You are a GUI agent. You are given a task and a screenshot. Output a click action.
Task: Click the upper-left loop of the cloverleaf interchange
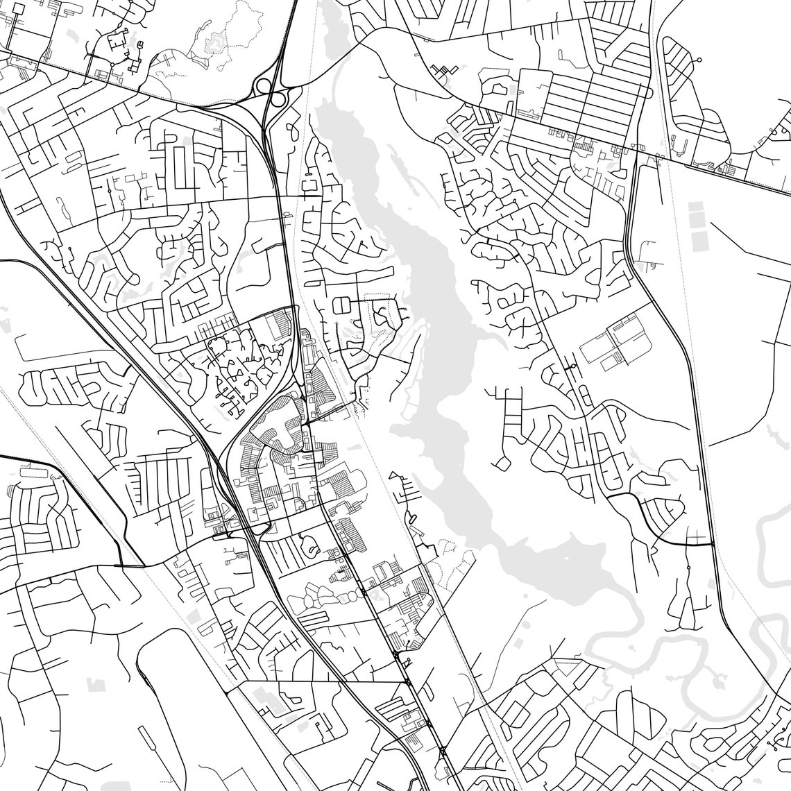point(264,86)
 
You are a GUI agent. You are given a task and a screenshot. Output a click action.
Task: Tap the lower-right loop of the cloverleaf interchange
point(279,100)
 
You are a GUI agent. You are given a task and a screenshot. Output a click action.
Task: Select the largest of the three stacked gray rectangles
point(697,239)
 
